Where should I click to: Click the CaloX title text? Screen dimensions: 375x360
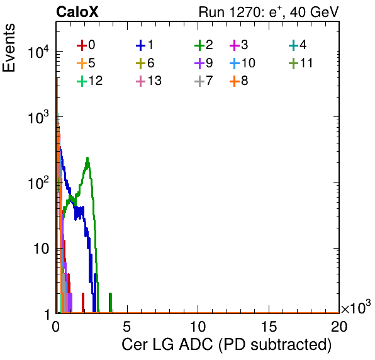pos(77,12)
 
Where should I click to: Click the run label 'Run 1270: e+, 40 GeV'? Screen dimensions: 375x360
pos(269,12)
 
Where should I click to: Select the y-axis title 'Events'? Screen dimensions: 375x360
pos(9,48)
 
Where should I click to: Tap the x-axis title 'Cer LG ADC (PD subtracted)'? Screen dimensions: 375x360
pos(227,344)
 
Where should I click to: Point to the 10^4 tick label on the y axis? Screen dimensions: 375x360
pos(38,53)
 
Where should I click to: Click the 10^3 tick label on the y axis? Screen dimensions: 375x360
pos(38,118)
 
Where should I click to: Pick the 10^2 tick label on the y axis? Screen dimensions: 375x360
pos(38,184)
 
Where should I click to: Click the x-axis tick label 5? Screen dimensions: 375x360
pos(127,326)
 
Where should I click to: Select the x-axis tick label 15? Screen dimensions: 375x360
pos(269,326)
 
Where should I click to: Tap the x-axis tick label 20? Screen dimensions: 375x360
pos(339,326)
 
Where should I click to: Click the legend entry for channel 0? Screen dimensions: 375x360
pos(86,45)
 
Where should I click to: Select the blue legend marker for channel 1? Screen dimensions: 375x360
pos(141,45)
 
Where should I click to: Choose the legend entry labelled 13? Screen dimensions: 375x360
pos(148,81)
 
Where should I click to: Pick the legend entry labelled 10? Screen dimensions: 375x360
pos(242,63)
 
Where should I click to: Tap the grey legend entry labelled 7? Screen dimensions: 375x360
pos(204,81)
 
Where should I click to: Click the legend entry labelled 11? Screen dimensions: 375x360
pos(301,63)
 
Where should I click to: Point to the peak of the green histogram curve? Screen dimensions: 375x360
pos(87,158)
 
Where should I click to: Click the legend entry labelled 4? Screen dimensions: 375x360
pos(298,45)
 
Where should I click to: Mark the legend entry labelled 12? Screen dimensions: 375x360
pos(90,81)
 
